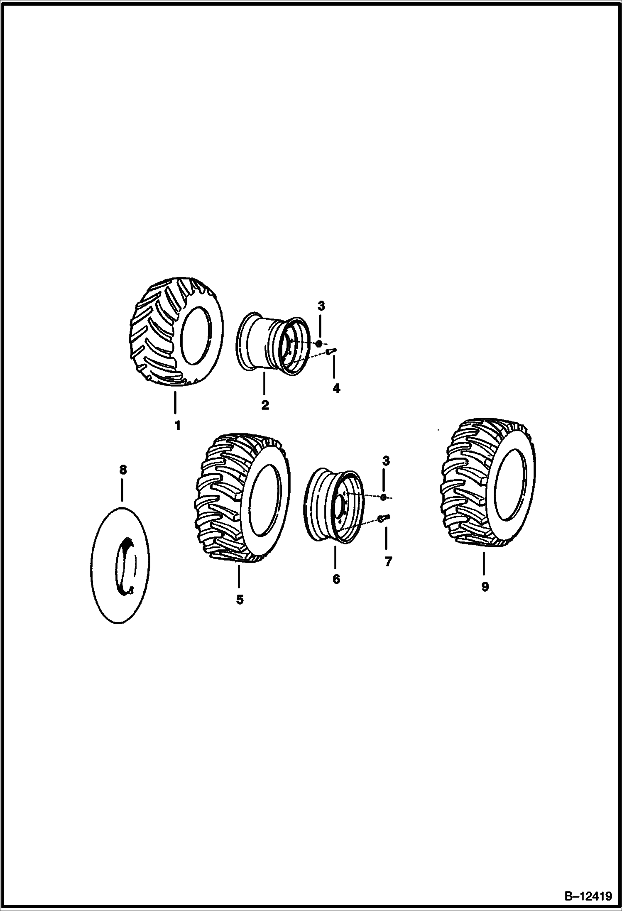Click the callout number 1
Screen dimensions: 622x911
177,426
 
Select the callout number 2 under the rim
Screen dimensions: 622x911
264,405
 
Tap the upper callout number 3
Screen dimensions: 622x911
321,306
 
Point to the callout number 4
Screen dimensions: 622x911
336,389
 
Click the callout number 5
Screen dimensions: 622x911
240,600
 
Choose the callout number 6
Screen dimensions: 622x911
336,579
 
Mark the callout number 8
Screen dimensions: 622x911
122,470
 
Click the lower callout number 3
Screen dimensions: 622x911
387,461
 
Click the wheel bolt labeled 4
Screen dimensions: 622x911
331,351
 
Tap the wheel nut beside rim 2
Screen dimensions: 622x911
319,343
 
